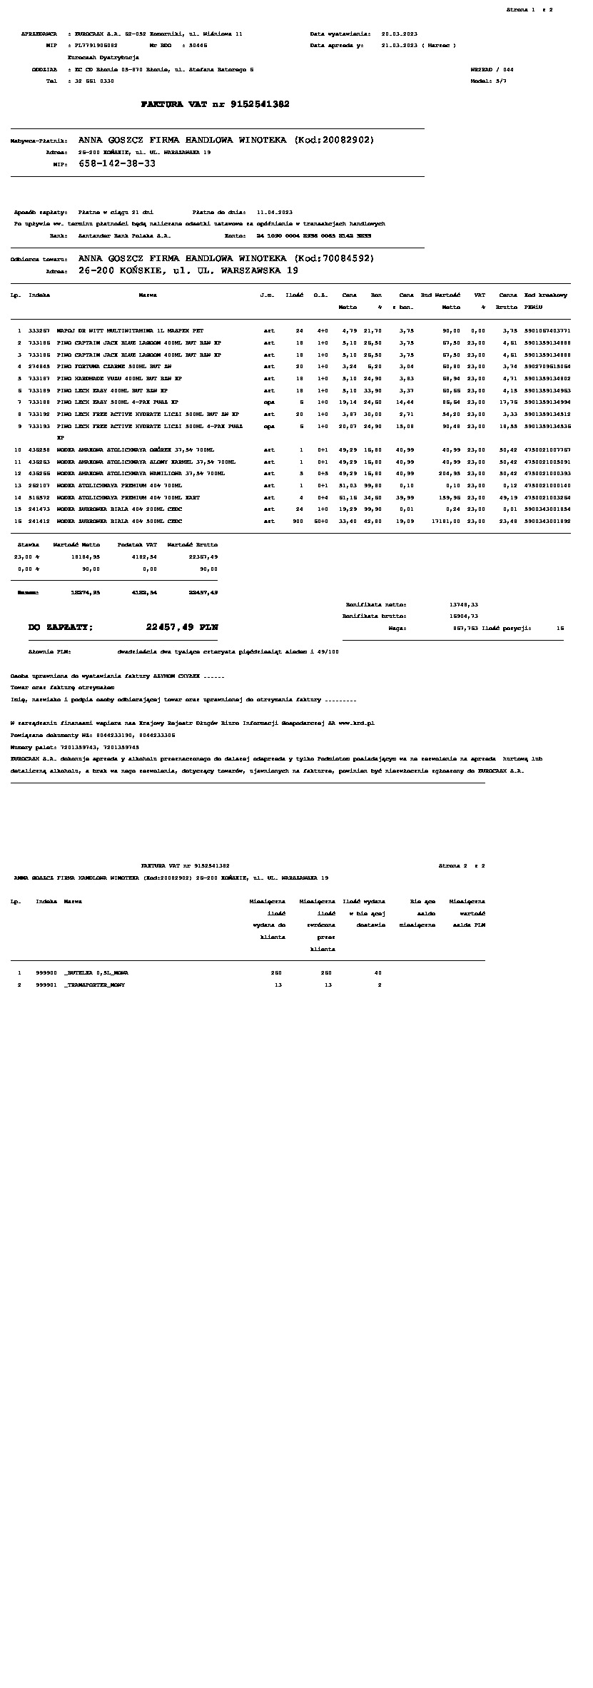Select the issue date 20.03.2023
[x=400, y=34]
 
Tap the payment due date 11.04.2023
[x=274, y=212]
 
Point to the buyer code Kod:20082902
[x=334, y=140]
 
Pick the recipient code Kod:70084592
[x=334, y=258]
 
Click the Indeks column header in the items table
[x=39, y=295]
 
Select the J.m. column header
[x=268, y=295]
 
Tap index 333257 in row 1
[x=39, y=331]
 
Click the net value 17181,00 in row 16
[x=445, y=521]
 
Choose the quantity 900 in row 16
[x=298, y=521]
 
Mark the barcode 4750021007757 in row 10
[x=547, y=450]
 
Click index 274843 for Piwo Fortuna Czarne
[x=39, y=367]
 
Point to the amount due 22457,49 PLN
[x=182, y=627]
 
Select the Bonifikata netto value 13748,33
[x=464, y=604]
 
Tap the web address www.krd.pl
[x=357, y=723]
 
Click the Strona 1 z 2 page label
[x=529, y=9]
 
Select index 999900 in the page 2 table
[x=46, y=972]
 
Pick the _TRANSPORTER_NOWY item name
[x=94, y=985]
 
